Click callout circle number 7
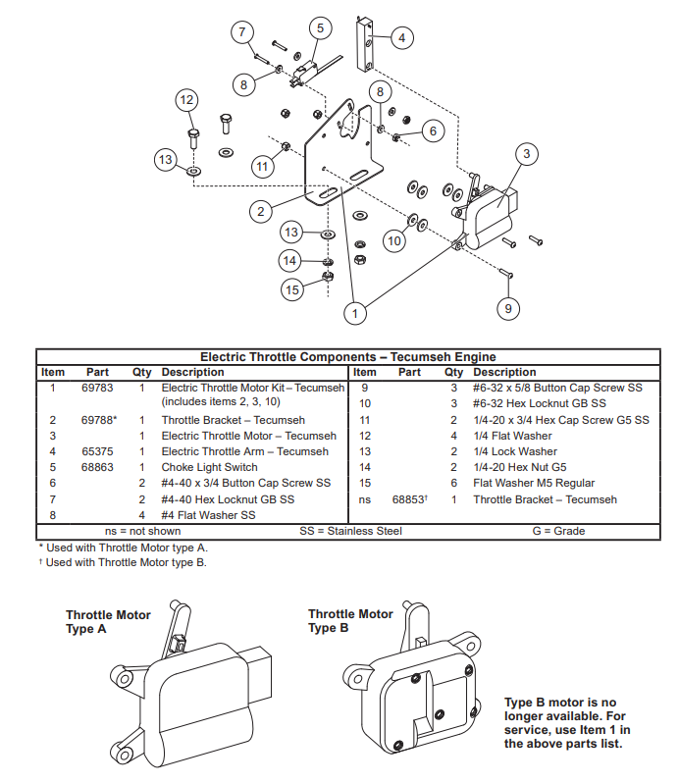242,31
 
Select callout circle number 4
400,38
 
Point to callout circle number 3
527,154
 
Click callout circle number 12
186,99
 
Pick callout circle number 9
507,308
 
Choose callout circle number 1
355,312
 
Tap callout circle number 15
291,289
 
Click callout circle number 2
260,211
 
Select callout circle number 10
393,240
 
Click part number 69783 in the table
96,388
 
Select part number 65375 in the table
96,451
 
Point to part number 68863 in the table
96,467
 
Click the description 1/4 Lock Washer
514,451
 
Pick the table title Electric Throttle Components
347,357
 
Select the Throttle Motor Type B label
350,621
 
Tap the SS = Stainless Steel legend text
350,531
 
